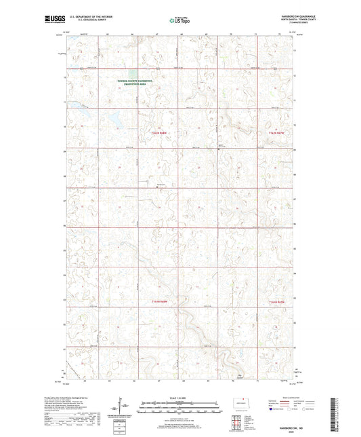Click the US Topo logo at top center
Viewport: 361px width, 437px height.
180,20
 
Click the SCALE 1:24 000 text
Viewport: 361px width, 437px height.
180,397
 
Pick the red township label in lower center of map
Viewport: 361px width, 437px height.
154,301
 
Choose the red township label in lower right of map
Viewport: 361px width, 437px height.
278,301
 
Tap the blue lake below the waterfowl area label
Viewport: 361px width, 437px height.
116,117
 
